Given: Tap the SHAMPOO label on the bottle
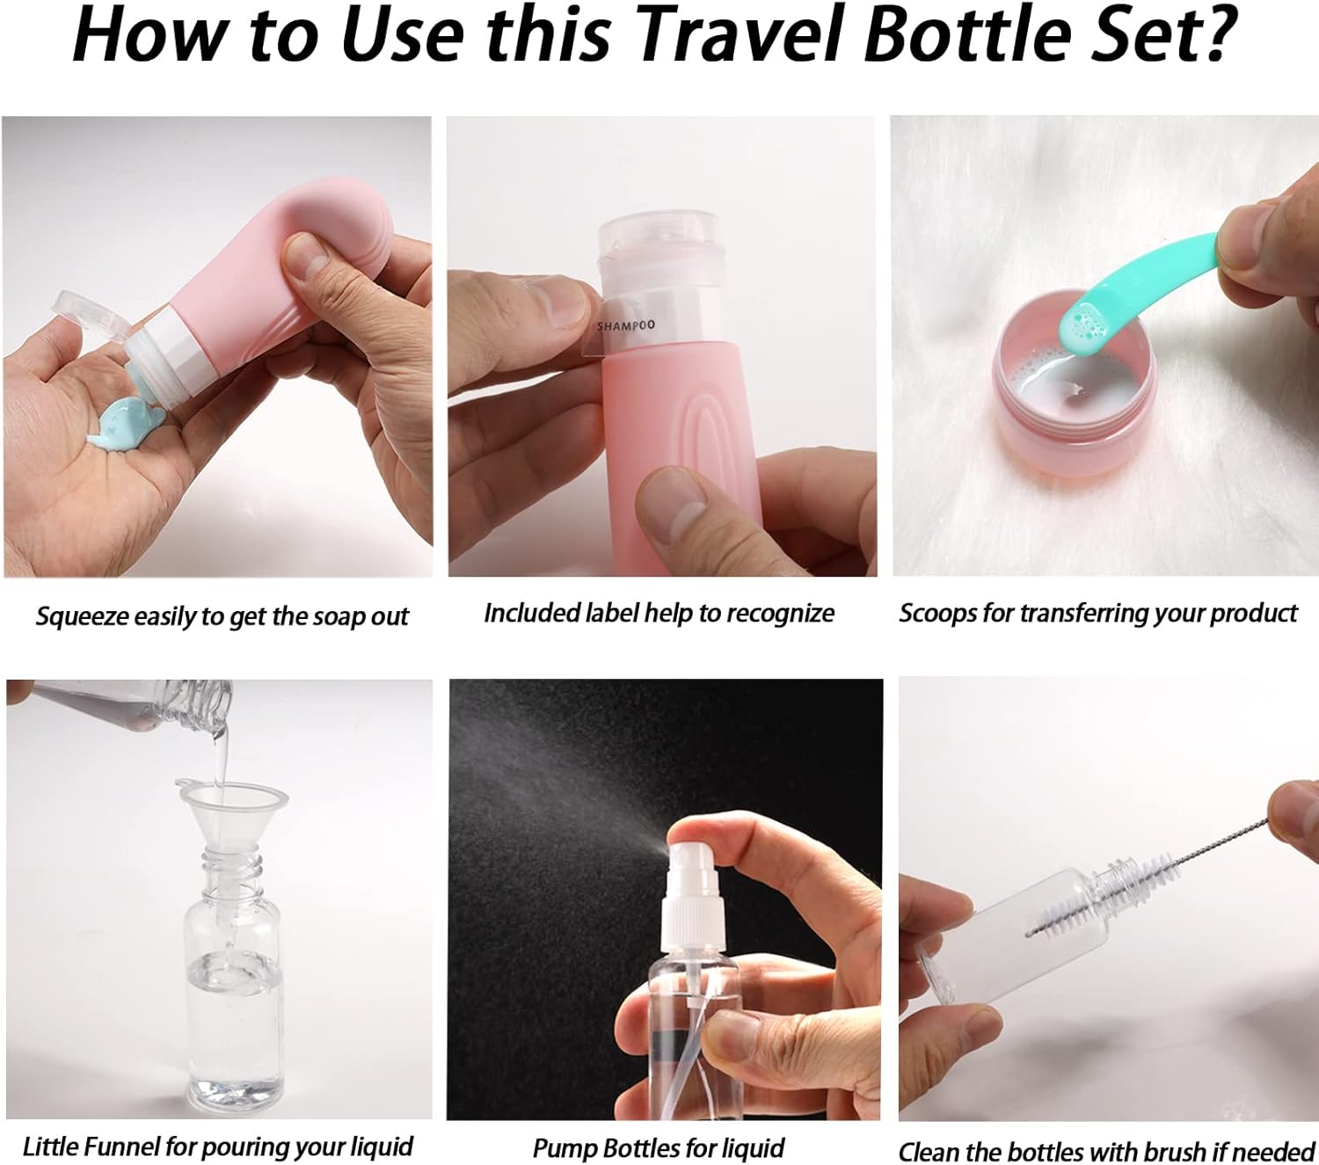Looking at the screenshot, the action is [626, 325].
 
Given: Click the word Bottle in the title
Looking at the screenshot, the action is [969, 34].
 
